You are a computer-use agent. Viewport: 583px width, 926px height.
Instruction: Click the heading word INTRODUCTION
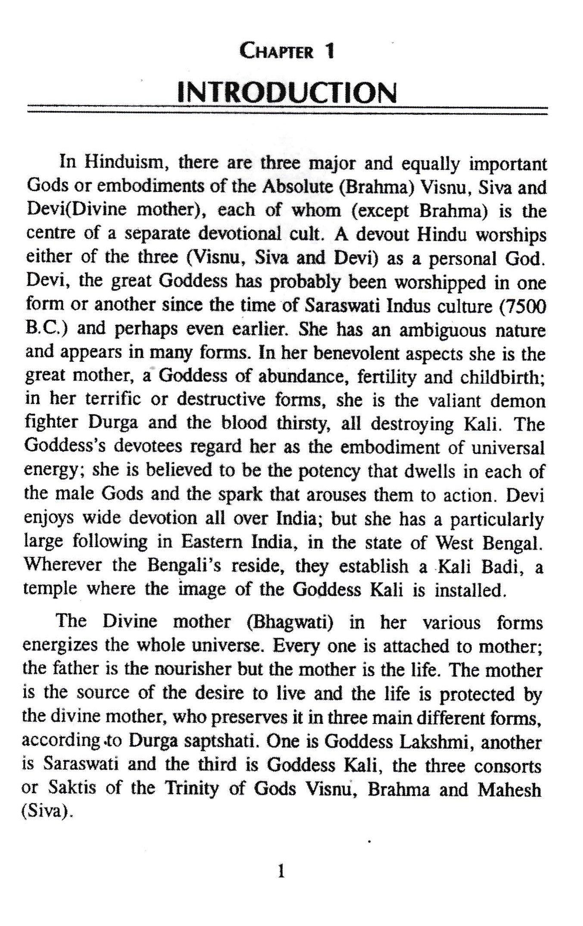[x=287, y=93]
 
